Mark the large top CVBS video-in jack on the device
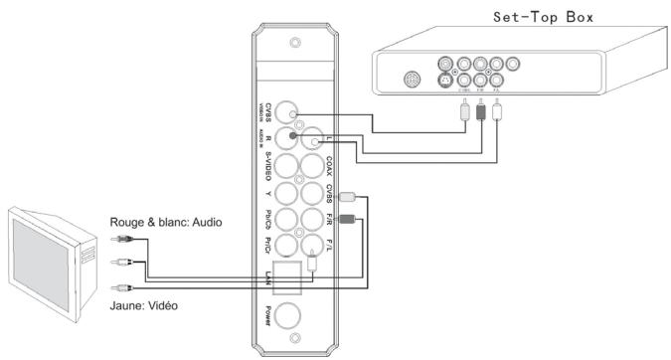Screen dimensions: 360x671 289,113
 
